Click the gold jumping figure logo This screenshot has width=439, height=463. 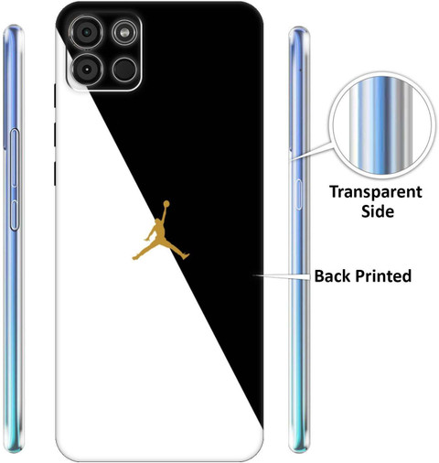point(160,231)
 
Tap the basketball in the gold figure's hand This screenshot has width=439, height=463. point(166,203)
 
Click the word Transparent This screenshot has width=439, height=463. point(376,192)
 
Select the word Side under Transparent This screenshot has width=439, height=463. point(378,211)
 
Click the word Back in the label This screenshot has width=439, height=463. point(333,275)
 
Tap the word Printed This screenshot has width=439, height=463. point(383,275)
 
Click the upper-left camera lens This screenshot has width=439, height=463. point(87,32)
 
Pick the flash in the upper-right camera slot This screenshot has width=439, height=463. point(124,32)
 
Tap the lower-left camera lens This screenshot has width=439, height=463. point(87,70)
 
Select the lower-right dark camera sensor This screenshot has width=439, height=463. point(124,70)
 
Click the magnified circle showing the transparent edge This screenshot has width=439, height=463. point(382,125)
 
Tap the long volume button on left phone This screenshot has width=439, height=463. point(15,158)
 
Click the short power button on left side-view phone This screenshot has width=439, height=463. point(14,215)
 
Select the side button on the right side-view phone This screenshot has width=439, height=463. point(299,195)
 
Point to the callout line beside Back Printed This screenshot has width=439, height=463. point(282,275)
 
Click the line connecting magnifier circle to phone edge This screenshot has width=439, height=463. point(311,151)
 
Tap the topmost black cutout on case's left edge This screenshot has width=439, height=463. point(55,95)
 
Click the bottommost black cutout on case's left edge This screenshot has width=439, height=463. point(55,174)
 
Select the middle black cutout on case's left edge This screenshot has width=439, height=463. point(55,135)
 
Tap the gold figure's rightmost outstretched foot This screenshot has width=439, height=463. point(186,256)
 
